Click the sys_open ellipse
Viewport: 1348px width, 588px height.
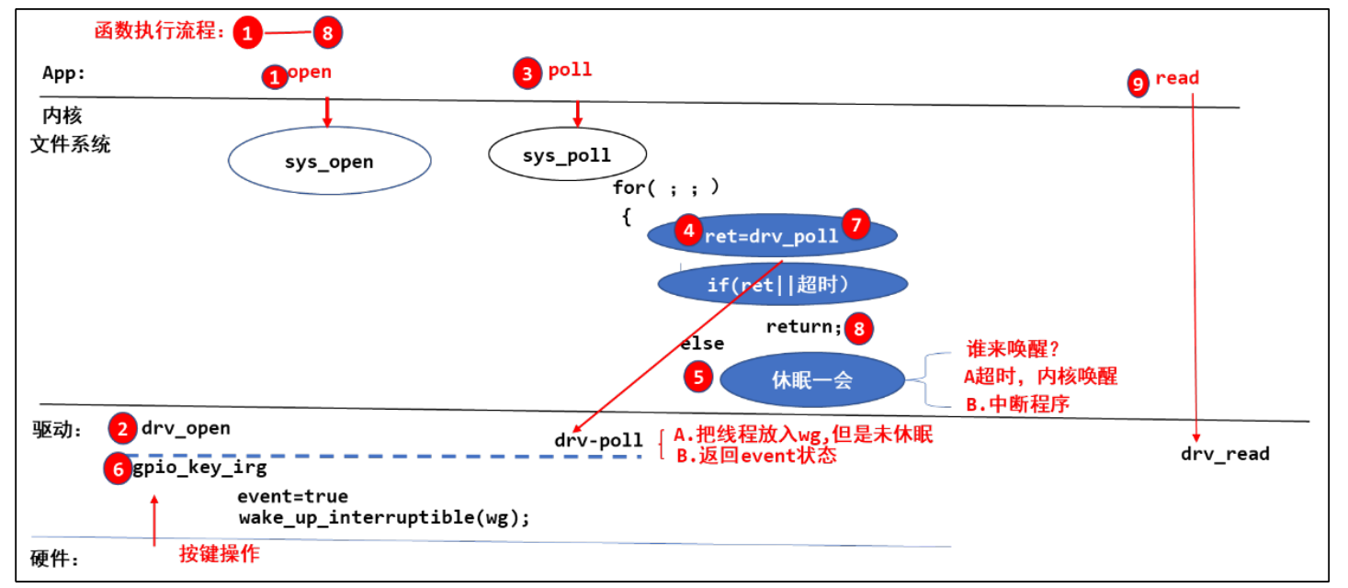(x=329, y=162)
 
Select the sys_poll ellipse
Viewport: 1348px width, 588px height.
(x=567, y=154)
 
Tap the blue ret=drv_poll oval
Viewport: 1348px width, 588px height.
(x=772, y=236)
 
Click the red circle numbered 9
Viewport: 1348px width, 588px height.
(x=1138, y=84)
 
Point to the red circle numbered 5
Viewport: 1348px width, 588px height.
(x=698, y=376)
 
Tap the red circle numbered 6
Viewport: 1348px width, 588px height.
(x=119, y=468)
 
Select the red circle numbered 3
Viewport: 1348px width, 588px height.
(x=527, y=74)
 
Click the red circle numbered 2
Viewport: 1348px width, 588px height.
(x=121, y=428)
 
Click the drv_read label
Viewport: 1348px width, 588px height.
(x=1225, y=454)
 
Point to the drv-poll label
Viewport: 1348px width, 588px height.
(x=598, y=441)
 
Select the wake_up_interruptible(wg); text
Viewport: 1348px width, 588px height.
(x=384, y=517)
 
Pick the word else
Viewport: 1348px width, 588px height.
(x=701, y=344)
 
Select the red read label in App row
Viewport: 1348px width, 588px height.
(x=1177, y=78)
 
